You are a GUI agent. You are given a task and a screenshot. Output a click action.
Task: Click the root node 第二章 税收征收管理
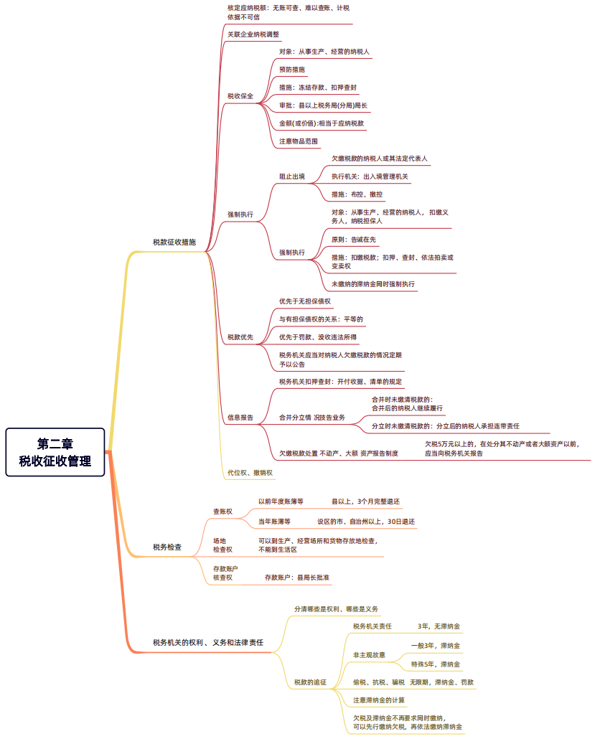[x=55, y=452]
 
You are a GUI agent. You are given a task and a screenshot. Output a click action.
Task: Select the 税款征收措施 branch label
[x=174, y=243]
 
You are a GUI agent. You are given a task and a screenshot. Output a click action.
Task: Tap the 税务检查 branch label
[x=167, y=547]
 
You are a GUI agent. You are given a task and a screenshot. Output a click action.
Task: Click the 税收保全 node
[x=240, y=96]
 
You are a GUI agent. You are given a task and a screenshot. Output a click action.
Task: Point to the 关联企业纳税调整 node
[x=253, y=34]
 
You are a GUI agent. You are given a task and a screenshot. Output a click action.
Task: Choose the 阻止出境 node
[x=292, y=176]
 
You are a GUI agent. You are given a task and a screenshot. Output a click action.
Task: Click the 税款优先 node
[x=240, y=337]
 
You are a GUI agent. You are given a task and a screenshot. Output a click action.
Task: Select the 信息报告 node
[x=240, y=417]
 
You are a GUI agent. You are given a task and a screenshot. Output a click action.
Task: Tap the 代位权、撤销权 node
[x=250, y=473]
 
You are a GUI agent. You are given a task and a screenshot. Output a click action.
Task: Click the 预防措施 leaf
[x=292, y=70]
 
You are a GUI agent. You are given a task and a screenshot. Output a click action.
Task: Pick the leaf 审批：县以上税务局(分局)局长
[x=323, y=105]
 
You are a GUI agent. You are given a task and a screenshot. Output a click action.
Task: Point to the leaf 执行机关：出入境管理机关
[x=370, y=176]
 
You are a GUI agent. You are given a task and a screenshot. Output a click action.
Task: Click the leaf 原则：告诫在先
[x=353, y=240]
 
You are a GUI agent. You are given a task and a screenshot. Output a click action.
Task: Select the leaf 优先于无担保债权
[x=305, y=301]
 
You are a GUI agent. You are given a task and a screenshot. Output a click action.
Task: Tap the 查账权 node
[x=222, y=512]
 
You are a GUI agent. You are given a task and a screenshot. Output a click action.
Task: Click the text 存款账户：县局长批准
[x=297, y=577]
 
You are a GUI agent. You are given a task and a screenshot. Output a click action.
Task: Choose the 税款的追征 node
[x=310, y=682]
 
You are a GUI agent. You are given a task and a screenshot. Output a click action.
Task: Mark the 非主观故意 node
[x=369, y=654]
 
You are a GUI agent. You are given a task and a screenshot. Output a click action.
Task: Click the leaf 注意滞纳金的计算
[x=379, y=700]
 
